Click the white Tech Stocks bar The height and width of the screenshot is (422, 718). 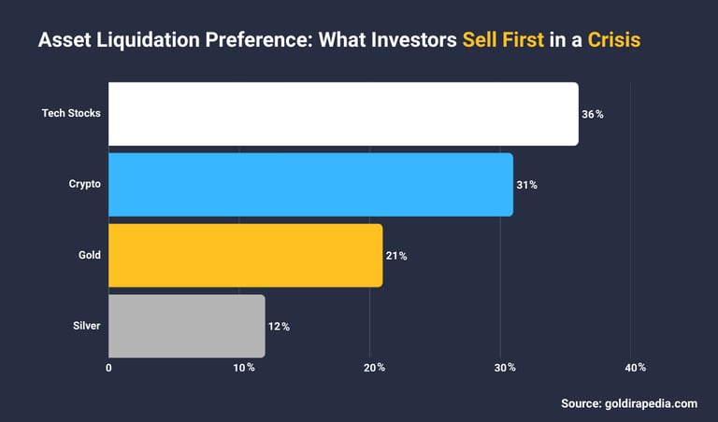[x=343, y=114]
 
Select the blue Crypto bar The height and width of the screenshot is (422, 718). [x=310, y=185]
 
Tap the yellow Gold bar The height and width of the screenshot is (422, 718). [x=245, y=255]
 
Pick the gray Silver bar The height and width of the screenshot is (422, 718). [x=187, y=326]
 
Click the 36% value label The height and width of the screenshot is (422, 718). [x=593, y=114]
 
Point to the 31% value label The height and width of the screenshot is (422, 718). [x=526, y=185]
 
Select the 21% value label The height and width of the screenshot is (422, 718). [x=395, y=256]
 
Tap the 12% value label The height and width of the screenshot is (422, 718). [x=279, y=327]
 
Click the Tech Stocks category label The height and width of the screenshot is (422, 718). [x=71, y=114]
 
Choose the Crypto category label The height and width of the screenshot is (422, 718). [x=84, y=185]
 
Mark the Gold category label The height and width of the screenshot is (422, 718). [x=90, y=255]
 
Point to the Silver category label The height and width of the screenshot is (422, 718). [x=86, y=326]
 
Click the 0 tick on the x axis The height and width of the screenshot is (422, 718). [x=109, y=368]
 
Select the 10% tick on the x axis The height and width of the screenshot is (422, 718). [x=244, y=368]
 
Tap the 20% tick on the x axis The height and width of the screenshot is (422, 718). [x=375, y=368]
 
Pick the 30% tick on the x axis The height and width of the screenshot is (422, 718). [x=505, y=368]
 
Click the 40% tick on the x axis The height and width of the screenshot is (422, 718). [x=635, y=368]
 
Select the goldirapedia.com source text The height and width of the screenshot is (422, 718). [x=628, y=403]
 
